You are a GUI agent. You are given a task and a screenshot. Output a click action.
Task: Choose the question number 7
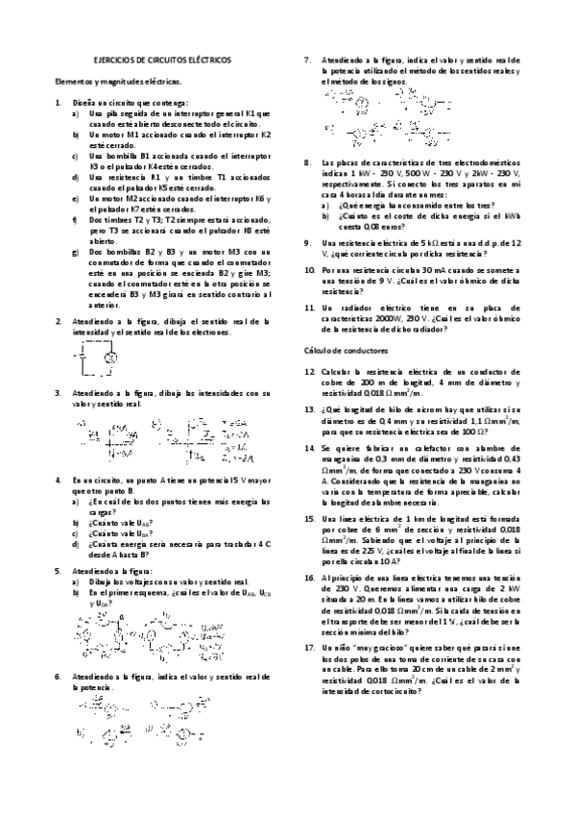coord(307,60)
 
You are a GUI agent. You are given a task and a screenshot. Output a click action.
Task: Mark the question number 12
coord(309,370)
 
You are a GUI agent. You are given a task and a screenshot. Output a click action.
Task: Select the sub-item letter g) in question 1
coord(77,251)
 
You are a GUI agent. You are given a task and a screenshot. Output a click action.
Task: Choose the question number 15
coord(309,518)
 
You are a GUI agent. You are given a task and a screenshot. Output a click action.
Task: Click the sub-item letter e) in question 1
coord(77,197)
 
